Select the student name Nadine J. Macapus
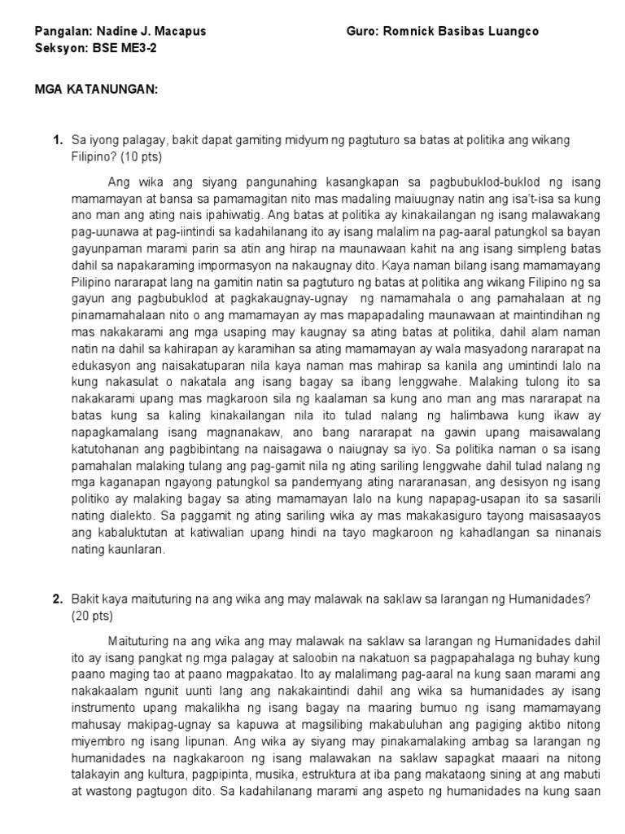click(x=151, y=31)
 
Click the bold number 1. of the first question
click(x=58, y=140)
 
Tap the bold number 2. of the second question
click(x=58, y=599)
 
